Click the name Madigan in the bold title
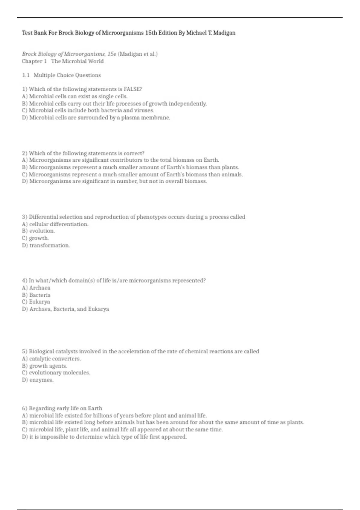224,33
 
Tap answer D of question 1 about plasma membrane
96,118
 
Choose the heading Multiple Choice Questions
67,75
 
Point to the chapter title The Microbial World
77,61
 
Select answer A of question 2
120,160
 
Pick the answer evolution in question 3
42,231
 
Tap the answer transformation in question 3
49,245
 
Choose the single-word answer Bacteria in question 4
40,295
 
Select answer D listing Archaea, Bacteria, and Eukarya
69,309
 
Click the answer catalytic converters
55,359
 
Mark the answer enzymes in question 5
41,380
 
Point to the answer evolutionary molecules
59,373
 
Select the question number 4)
25,281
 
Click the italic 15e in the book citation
112,54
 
